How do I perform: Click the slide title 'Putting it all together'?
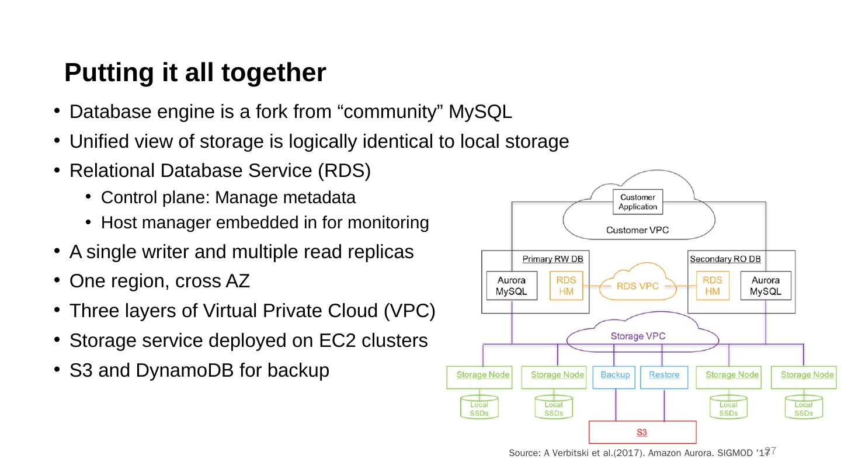click(x=194, y=72)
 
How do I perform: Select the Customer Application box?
click(x=638, y=202)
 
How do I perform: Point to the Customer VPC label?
click(x=638, y=230)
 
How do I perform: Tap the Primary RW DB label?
click(x=552, y=259)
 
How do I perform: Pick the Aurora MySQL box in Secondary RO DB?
click(x=765, y=286)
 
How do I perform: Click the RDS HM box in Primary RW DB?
click(x=566, y=286)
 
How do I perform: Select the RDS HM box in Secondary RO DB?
click(x=712, y=286)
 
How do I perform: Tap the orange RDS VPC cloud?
click(x=638, y=286)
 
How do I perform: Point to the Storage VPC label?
click(x=638, y=336)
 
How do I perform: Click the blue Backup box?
click(x=614, y=377)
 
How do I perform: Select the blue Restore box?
click(x=663, y=377)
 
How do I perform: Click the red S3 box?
click(x=641, y=432)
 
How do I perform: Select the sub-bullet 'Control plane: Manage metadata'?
click(x=228, y=198)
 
